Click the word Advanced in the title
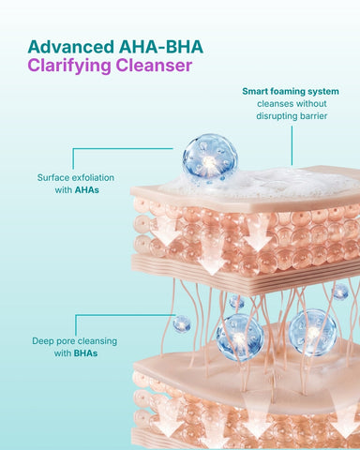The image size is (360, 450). tap(71, 47)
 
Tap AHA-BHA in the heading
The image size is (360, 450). tap(161, 47)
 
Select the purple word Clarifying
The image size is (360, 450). tap(69, 67)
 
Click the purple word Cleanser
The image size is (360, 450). tap(154, 66)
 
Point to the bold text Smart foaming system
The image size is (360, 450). tap(291, 92)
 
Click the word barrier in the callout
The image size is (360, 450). tap(313, 116)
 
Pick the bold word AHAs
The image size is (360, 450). tap(86, 190)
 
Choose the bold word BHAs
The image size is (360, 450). tap(85, 353)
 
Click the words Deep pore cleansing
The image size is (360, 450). tap(75, 341)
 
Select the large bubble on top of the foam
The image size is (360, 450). tap(210, 160)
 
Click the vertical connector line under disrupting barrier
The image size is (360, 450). tap(292, 145)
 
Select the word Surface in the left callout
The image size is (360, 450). tap(53, 177)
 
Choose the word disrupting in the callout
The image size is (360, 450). tap(277, 116)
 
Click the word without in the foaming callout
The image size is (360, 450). tap(311, 104)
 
